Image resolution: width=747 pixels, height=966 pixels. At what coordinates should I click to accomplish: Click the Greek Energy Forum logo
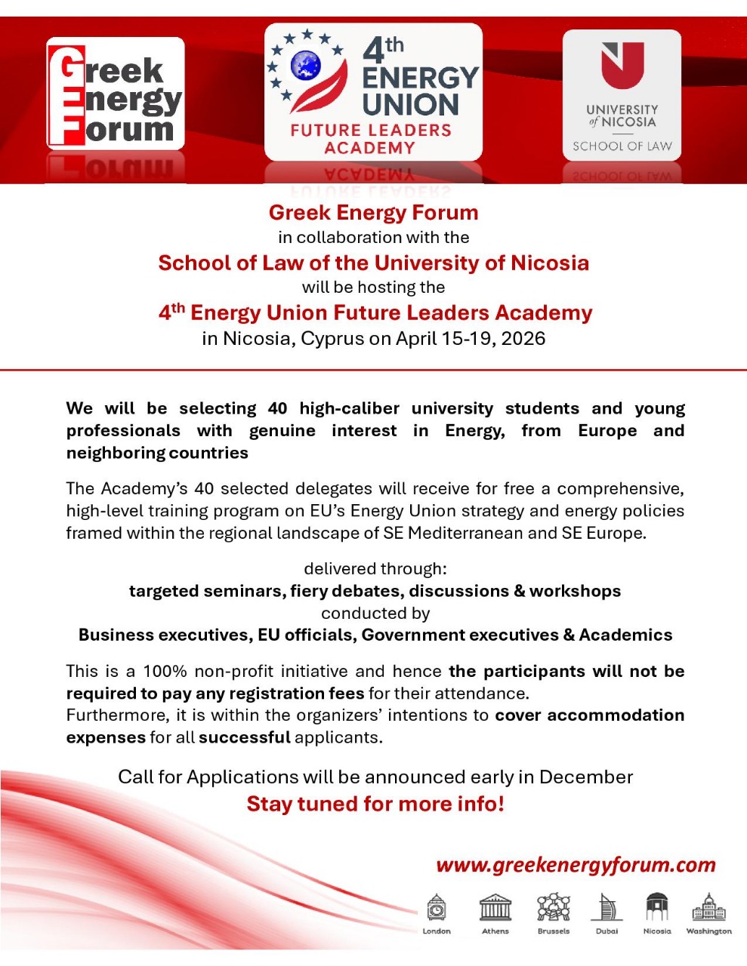coord(115,93)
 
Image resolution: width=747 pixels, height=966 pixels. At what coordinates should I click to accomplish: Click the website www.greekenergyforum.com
coord(576,865)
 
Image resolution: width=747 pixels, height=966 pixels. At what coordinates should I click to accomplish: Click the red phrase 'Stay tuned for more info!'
coord(375,804)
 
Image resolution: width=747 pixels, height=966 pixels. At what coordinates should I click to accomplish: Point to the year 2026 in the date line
coord(523,338)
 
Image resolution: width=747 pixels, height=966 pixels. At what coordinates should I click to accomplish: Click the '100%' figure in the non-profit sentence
coord(165,671)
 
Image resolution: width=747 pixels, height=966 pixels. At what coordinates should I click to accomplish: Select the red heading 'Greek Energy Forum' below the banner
coord(373,213)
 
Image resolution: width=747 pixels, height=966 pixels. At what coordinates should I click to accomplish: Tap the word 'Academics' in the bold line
coord(625,635)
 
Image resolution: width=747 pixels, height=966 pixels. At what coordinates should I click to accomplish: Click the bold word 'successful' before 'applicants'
coord(244,737)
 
